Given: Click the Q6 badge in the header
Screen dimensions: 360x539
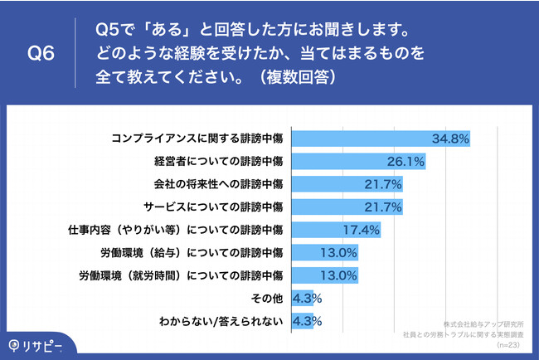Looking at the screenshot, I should pos(41,55).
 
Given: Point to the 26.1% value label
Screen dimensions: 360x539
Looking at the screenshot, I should pos(405,161).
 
